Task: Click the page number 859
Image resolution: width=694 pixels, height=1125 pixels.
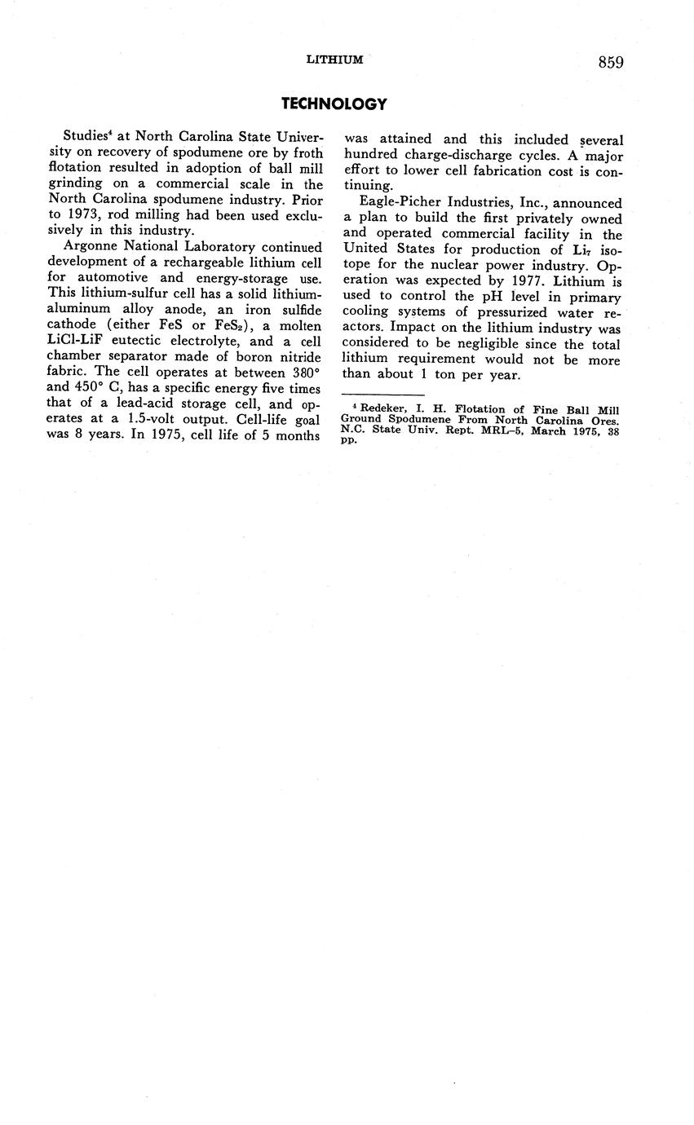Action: point(610,63)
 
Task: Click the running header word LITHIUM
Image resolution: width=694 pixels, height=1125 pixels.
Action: point(334,60)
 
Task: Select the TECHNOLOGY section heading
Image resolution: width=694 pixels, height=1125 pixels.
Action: point(334,104)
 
